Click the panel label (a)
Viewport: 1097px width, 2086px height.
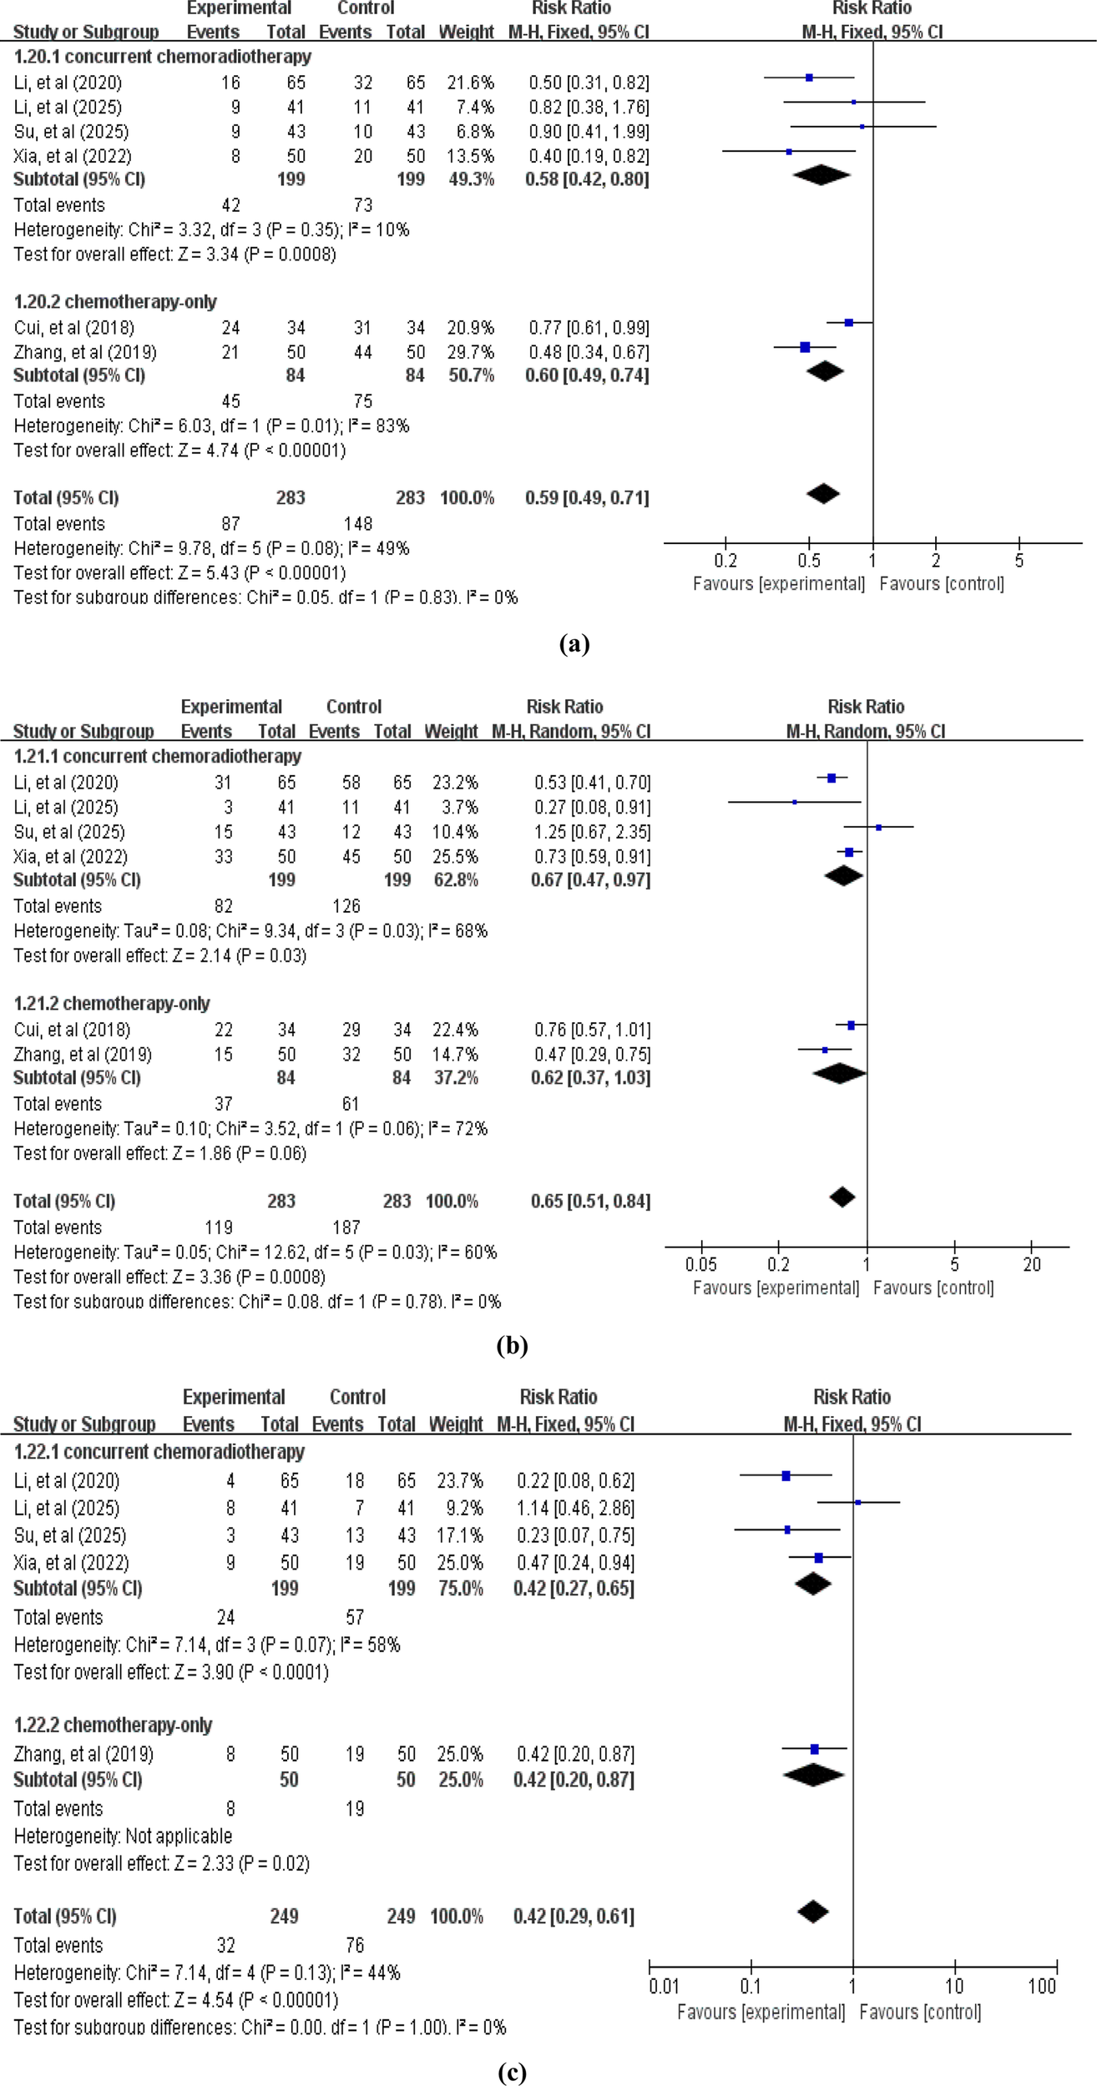(574, 643)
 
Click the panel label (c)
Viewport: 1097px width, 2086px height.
(512, 2072)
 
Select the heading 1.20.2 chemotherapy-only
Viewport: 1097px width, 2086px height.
(115, 301)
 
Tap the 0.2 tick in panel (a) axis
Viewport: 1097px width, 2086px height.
(725, 561)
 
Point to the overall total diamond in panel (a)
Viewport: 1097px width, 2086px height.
(823, 494)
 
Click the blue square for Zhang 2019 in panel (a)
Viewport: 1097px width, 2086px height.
(805, 347)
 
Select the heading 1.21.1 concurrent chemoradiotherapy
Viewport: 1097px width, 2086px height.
(157, 756)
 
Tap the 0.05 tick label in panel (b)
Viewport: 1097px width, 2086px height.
(700, 1264)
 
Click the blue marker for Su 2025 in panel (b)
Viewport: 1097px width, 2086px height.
(879, 828)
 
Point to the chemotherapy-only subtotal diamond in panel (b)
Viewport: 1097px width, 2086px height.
(839, 1074)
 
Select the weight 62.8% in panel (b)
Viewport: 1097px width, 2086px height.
(455, 879)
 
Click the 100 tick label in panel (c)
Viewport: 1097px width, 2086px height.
(1042, 1986)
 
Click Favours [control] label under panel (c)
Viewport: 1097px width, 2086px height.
(919, 2012)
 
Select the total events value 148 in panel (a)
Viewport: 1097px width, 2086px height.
(357, 524)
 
